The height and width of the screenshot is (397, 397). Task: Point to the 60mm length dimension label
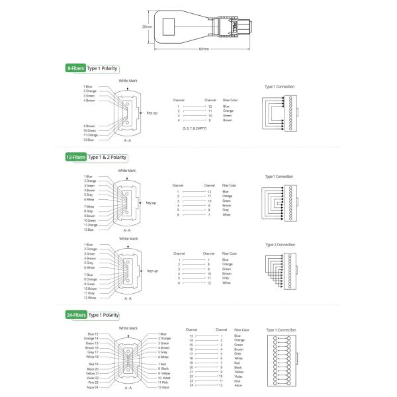pos(204,49)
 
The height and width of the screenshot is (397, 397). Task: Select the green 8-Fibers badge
pos(75,68)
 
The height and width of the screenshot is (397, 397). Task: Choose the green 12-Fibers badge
pos(75,157)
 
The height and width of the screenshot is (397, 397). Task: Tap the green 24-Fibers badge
pos(75,315)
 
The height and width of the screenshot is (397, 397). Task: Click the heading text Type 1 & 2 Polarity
pos(107,157)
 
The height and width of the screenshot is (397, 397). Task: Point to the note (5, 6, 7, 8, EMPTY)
pos(195,128)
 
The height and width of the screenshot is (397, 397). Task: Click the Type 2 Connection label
pos(280,245)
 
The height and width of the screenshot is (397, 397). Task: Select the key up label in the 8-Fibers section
pos(152,112)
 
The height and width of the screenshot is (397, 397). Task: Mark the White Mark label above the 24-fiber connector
pos(128,328)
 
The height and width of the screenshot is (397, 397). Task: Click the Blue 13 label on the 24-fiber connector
pos(92,334)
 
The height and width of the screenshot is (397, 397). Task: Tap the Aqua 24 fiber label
pos(91,387)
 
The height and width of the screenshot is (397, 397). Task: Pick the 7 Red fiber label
pos(162,364)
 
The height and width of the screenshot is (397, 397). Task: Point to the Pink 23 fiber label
pos(92,382)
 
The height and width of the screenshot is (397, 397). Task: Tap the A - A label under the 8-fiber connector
pos(128,141)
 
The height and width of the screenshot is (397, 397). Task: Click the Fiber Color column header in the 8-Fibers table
pos(230,100)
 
